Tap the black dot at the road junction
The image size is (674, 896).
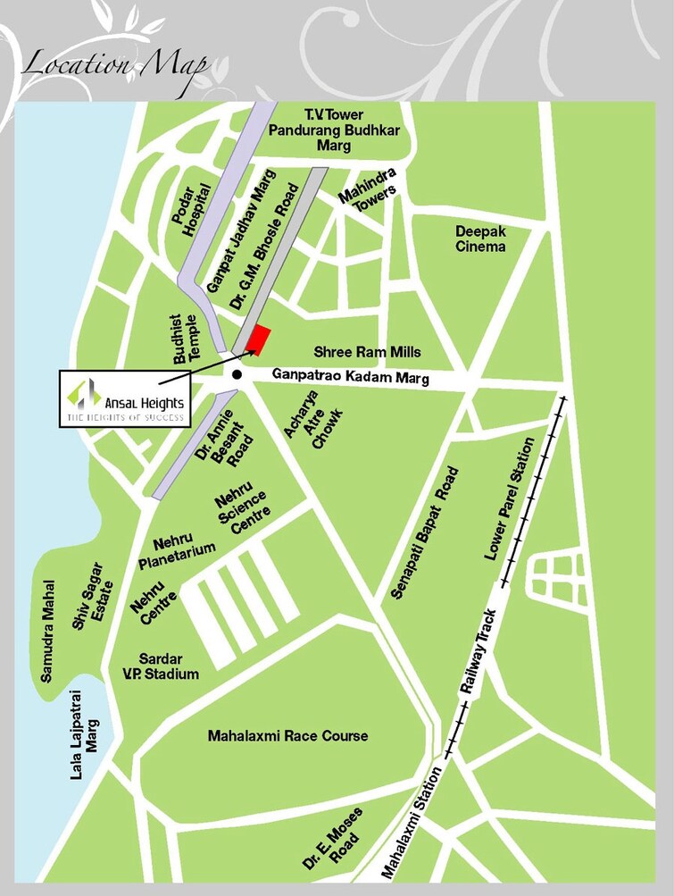pyautogui.click(x=237, y=375)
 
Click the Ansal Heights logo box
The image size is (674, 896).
pyautogui.click(x=124, y=398)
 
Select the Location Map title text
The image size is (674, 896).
pyautogui.click(x=115, y=65)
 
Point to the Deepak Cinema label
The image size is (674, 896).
pyautogui.click(x=480, y=239)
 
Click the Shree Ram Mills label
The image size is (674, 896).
pyautogui.click(x=367, y=352)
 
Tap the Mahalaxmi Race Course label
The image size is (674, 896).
pyautogui.click(x=287, y=736)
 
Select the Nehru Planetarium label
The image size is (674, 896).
pyautogui.click(x=177, y=551)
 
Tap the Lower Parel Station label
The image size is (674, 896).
pyautogui.click(x=511, y=498)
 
